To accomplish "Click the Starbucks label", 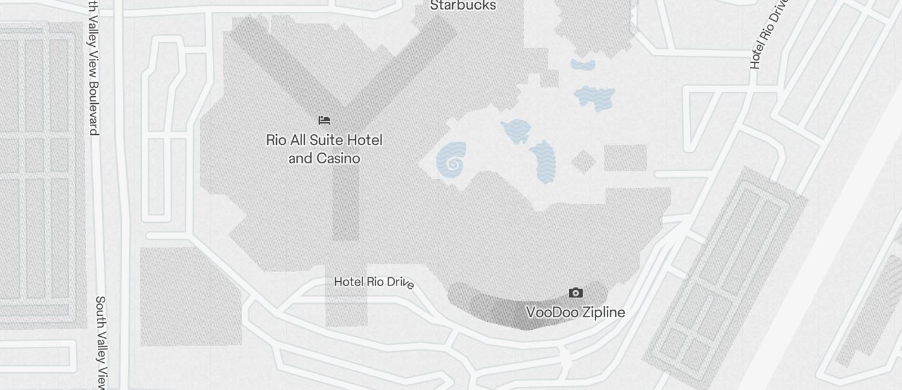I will tap(463, 6).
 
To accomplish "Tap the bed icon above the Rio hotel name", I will tap(324, 120).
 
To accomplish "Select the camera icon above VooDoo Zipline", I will tap(575, 292).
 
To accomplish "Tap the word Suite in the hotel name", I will tap(325, 140).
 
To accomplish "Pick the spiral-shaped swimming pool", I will tap(452, 161).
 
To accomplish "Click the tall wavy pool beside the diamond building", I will tap(543, 162).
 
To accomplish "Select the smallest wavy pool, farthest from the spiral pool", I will tap(583, 64).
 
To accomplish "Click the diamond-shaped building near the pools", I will tap(583, 161).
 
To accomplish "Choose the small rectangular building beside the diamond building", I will tap(625, 158).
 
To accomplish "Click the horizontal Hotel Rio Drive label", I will tap(374, 282).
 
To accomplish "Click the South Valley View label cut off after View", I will tap(101, 342).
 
